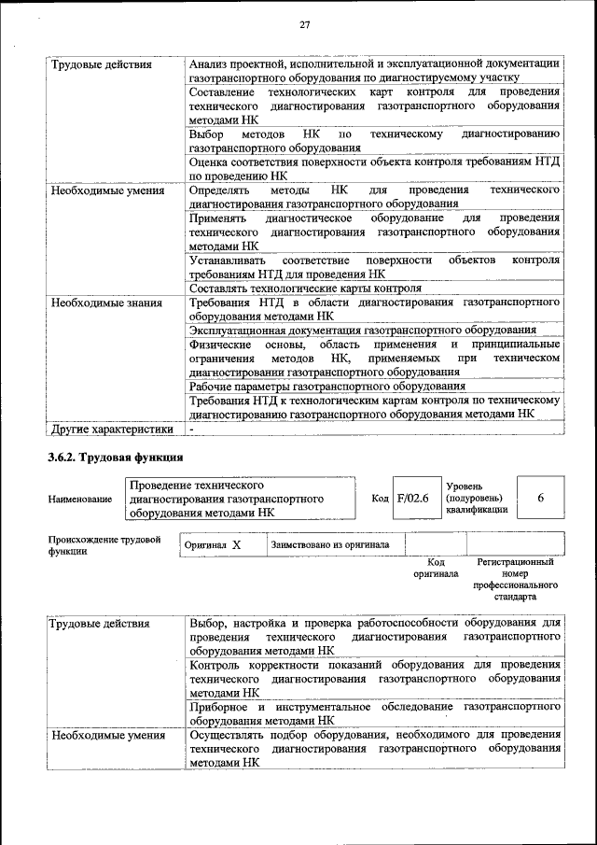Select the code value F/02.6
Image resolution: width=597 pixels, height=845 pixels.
(411, 498)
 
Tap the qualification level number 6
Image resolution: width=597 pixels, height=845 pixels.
(540, 498)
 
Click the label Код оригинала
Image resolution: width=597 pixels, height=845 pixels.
(436, 568)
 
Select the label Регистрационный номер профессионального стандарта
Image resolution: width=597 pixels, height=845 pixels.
(516, 579)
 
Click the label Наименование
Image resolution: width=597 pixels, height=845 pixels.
(80, 500)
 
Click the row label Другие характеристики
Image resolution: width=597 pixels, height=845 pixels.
(112, 429)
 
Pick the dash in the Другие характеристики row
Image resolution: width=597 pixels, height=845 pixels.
(191, 429)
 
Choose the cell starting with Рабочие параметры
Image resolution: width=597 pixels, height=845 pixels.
(326, 386)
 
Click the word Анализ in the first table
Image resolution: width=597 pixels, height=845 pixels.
(210, 63)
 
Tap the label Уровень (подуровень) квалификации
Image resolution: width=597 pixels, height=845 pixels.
(477, 499)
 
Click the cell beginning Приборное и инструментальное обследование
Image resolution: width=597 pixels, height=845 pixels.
(373, 713)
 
